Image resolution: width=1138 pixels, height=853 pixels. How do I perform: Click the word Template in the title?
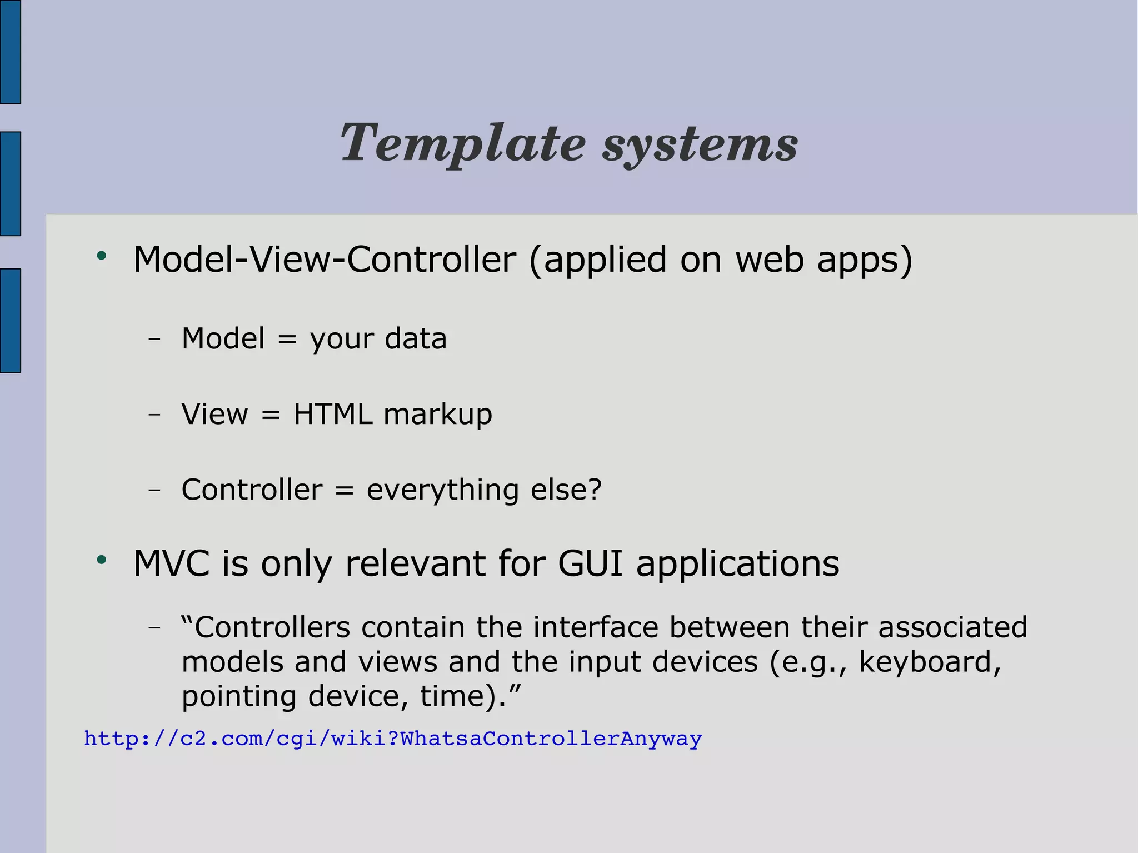pyautogui.click(x=462, y=144)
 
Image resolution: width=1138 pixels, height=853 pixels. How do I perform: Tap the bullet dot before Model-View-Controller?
pyautogui.click(x=101, y=256)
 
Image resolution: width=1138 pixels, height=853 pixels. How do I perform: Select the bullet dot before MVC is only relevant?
pyautogui.click(x=101, y=560)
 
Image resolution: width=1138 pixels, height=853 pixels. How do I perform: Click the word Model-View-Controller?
pyautogui.click(x=325, y=260)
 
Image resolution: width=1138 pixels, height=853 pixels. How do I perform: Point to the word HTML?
pyautogui.click(x=332, y=414)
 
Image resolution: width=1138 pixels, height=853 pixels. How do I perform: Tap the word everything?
pyautogui.click(x=442, y=491)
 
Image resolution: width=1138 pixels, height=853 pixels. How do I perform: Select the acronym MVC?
pyautogui.click(x=171, y=563)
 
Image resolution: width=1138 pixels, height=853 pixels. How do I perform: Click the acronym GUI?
pyautogui.click(x=590, y=563)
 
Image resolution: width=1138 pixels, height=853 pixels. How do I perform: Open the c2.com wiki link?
pyautogui.click(x=393, y=739)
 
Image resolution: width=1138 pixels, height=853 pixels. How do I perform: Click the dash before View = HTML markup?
pyautogui.click(x=154, y=414)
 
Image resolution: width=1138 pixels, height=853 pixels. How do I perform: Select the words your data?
pyautogui.click(x=378, y=339)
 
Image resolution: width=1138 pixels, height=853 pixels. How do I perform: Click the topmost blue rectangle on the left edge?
pyautogui.click(x=10, y=52)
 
